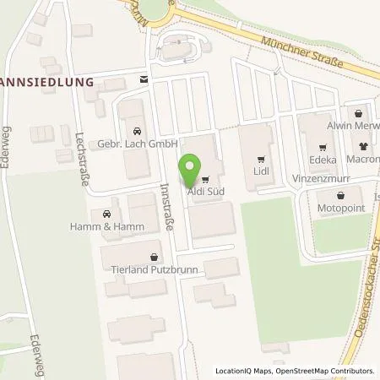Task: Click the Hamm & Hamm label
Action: coord(109,225)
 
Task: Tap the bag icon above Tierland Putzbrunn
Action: coord(153,257)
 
